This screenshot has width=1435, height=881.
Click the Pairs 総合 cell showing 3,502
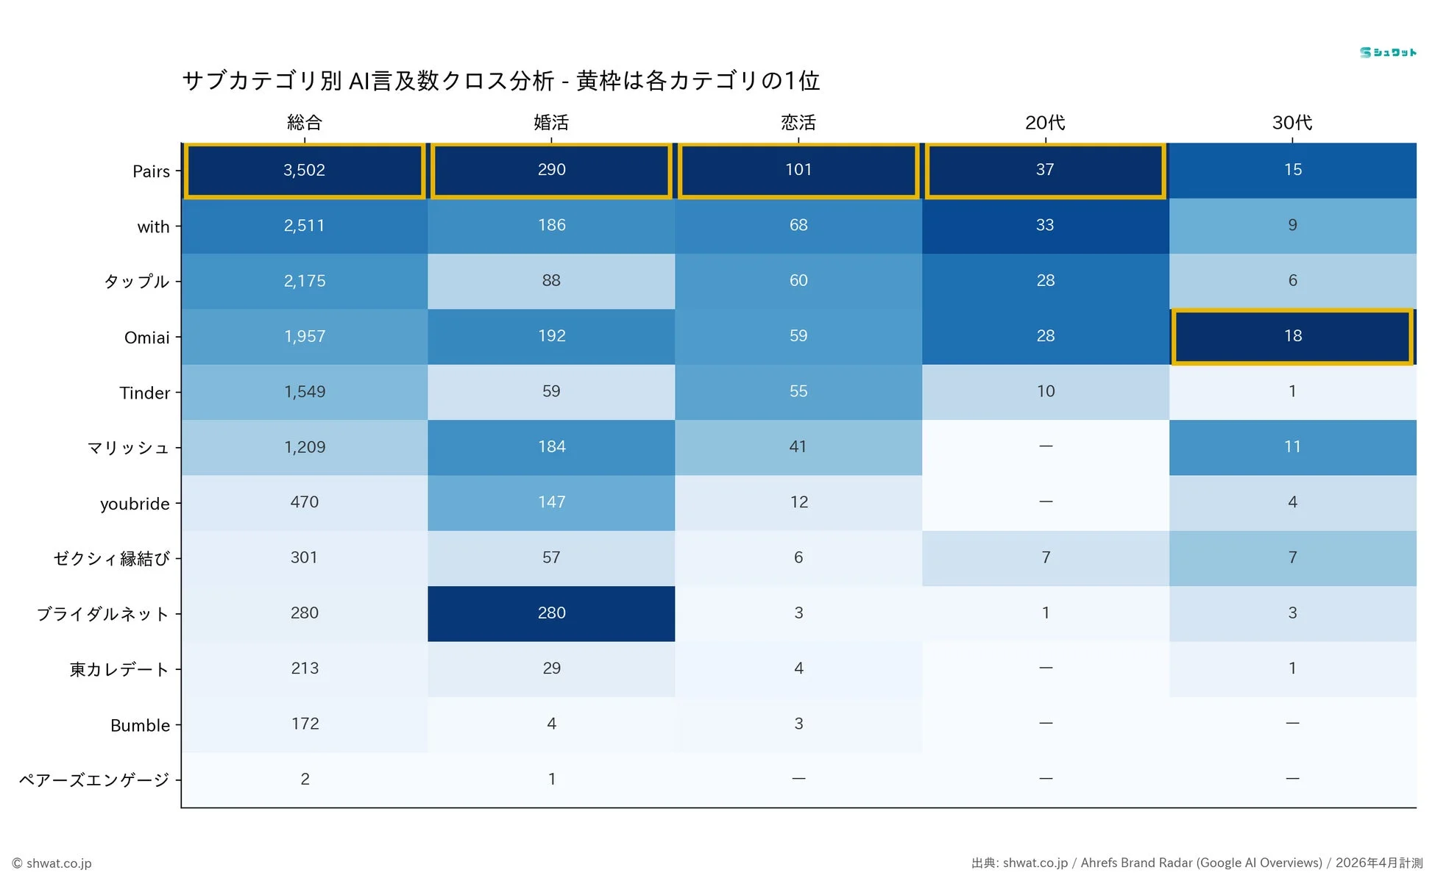[x=304, y=170]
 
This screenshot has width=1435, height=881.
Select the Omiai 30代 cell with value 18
[x=1292, y=336]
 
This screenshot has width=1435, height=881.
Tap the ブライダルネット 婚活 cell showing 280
[x=551, y=613]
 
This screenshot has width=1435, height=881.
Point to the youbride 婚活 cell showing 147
[x=551, y=502]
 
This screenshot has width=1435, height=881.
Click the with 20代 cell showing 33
[x=1045, y=225]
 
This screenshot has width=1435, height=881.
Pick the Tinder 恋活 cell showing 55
[x=798, y=391]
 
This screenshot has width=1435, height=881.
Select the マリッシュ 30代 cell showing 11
[x=1292, y=447]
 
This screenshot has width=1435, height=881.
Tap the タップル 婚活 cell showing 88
[x=551, y=281]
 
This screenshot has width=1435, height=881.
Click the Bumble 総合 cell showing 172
[x=304, y=724]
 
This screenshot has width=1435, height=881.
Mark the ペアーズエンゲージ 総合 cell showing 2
[x=304, y=780]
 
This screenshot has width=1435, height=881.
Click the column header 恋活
[x=798, y=123]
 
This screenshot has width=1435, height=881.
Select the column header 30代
[x=1292, y=123]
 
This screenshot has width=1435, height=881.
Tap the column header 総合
[x=304, y=123]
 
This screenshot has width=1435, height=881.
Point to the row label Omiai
[x=146, y=338]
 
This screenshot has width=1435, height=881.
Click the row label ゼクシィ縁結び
[x=111, y=559]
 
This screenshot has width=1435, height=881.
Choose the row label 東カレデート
[x=119, y=670]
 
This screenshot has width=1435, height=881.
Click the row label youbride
[x=135, y=504]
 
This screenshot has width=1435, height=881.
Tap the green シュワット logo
[x=1387, y=52]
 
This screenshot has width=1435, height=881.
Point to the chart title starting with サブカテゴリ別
[x=500, y=80]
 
